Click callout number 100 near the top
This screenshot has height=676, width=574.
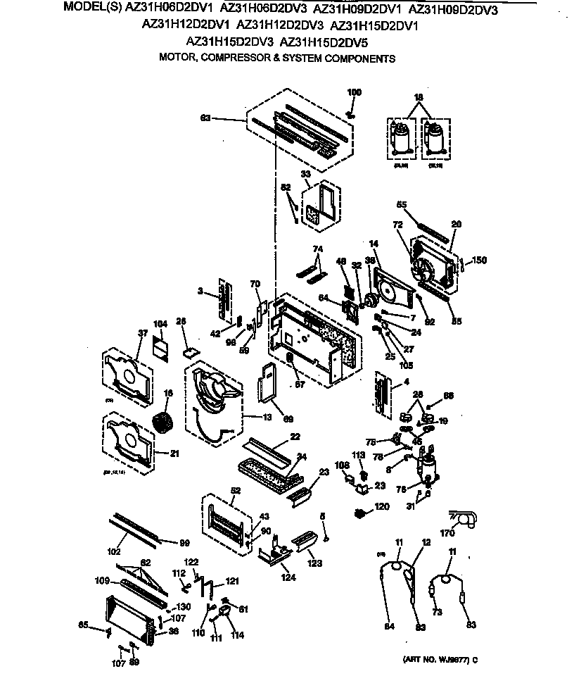(355, 93)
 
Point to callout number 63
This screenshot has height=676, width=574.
(205, 118)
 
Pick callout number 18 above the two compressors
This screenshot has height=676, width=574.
(419, 96)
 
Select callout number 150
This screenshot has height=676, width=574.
(479, 261)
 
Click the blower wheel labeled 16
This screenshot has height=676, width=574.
(162, 424)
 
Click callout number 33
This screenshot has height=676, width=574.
(306, 174)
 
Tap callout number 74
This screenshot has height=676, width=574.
(318, 249)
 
